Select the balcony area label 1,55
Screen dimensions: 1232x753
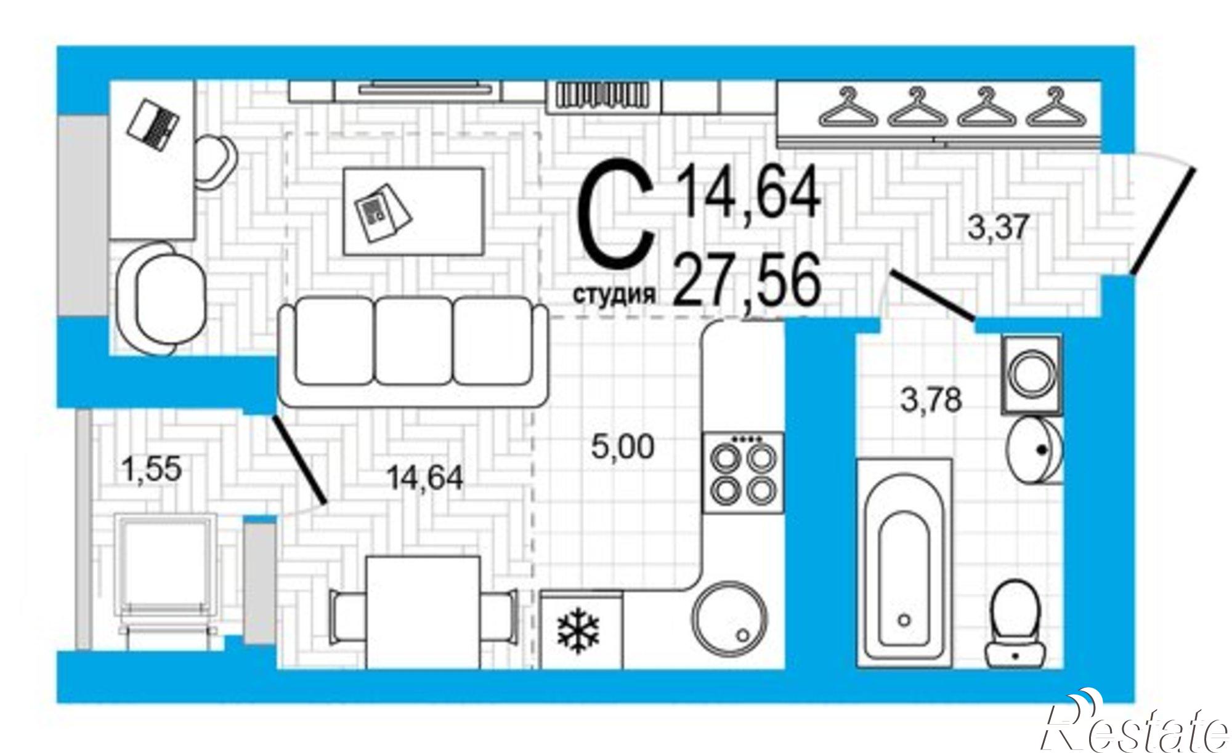pyautogui.click(x=152, y=469)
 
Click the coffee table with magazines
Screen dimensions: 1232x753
pyautogui.click(x=414, y=211)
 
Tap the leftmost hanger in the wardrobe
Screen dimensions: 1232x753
pyautogui.click(x=849, y=108)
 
